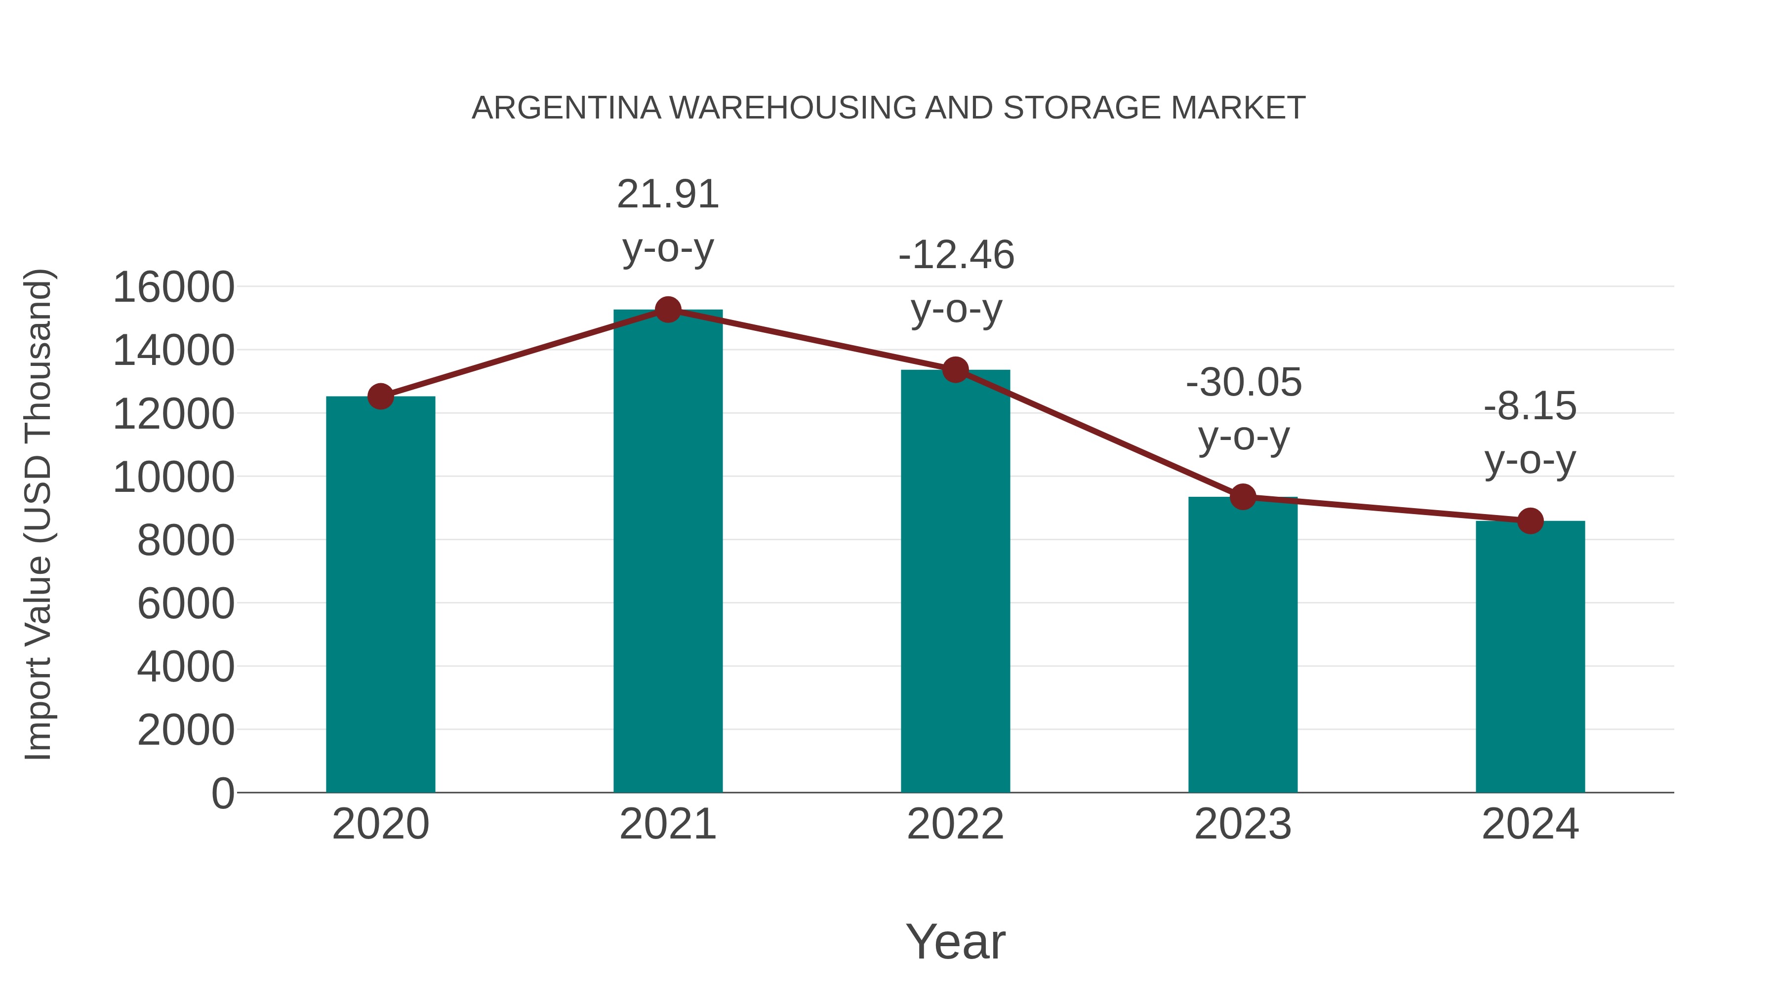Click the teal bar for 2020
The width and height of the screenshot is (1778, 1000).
coord(380,594)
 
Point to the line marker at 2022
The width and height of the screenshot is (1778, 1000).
coord(955,370)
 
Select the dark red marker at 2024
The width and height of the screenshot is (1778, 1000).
coord(1530,520)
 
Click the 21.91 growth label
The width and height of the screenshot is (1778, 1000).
coord(667,194)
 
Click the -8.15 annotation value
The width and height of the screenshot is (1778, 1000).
coord(1530,406)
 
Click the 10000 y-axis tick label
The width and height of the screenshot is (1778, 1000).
coord(173,477)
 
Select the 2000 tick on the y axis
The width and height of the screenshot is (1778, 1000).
coord(186,730)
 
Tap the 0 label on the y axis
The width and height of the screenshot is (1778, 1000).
coord(223,793)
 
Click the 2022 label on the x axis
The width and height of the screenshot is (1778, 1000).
coord(955,824)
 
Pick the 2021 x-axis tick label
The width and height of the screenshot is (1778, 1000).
coord(667,824)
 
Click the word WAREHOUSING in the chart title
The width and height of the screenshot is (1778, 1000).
coord(792,108)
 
